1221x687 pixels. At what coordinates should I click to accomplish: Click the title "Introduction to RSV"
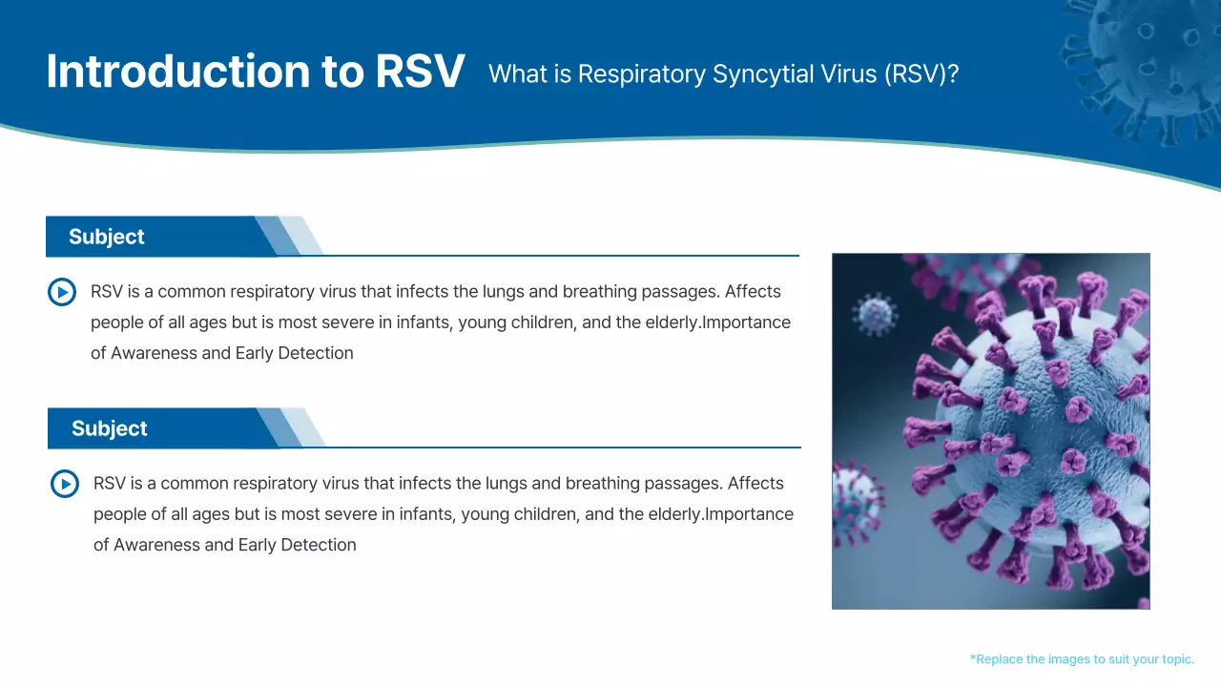[256, 73]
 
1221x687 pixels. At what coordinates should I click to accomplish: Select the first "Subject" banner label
[107, 237]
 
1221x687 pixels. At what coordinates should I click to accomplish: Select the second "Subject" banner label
[110, 428]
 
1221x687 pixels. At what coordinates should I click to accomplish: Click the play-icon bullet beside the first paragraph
[62, 292]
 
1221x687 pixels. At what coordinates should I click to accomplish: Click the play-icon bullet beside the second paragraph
[65, 484]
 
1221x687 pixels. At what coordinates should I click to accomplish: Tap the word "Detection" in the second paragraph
[318, 545]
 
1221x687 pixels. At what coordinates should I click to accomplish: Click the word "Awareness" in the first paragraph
[155, 353]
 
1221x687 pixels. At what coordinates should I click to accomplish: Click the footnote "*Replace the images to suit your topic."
[1082, 659]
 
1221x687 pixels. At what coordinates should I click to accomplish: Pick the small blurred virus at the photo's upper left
[874, 313]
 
